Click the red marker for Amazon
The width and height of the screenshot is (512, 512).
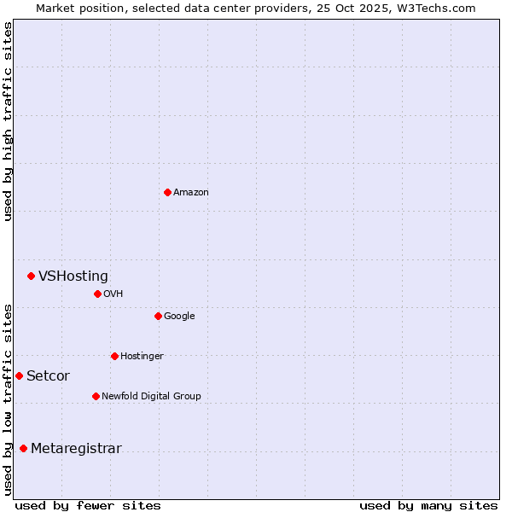coord(167,192)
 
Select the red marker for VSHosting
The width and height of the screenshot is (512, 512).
coord(31,276)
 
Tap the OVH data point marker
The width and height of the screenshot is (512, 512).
coord(97,294)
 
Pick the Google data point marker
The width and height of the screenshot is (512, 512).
coord(158,316)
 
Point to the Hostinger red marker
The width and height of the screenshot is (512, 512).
coord(114,356)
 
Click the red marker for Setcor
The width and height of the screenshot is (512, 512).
coord(19,375)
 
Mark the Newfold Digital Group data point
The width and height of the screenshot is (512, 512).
coord(96,396)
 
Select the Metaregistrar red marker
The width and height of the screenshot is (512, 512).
coord(23,449)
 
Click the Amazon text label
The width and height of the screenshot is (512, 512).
coord(190,192)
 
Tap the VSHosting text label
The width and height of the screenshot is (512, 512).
coord(73,276)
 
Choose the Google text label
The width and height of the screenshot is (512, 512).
coord(179,316)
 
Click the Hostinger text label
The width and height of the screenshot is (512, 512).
coord(142,356)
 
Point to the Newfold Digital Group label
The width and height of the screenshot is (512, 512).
coord(151,396)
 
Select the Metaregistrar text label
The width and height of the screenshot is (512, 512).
coord(76,449)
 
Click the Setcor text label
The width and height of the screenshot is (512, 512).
coord(48,375)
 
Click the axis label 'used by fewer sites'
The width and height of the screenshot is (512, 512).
coord(88,505)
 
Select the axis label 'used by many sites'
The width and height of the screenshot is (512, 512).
coord(428,505)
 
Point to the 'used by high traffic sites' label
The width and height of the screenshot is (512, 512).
coord(9,121)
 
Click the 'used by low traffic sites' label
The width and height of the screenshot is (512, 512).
coord(9,399)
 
